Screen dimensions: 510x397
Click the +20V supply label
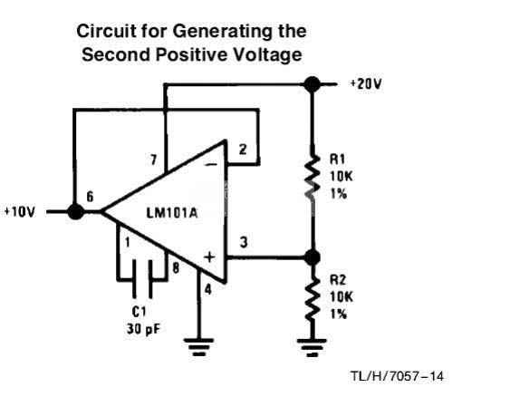pyautogui.click(x=366, y=84)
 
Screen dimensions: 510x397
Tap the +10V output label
pyautogui.click(x=19, y=212)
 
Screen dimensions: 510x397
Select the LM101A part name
pyautogui.click(x=172, y=213)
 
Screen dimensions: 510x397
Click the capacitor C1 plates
pyautogui.click(x=142, y=279)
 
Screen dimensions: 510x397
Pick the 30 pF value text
pyautogui.click(x=143, y=329)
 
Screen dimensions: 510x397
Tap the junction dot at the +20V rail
pyautogui.click(x=312, y=84)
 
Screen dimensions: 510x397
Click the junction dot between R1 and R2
pyautogui.click(x=312, y=257)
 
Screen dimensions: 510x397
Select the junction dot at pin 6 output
pyautogui.click(x=75, y=211)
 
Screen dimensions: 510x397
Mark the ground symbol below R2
pyautogui.click(x=312, y=347)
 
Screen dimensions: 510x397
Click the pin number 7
pyautogui.click(x=153, y=160)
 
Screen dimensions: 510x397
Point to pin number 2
pyautogui.click(x=243, y=150)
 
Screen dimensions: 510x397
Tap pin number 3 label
pyautogui.click(x=244, y=242)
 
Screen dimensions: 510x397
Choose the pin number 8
pyautogui.click(x=176, y=267)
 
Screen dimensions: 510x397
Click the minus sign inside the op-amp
pyautogui.click(x=210, y=165)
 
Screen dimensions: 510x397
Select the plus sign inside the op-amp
pyautogui.click(x=209, y=257)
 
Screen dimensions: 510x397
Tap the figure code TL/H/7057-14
pyautogui.click(x=397, y=376)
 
